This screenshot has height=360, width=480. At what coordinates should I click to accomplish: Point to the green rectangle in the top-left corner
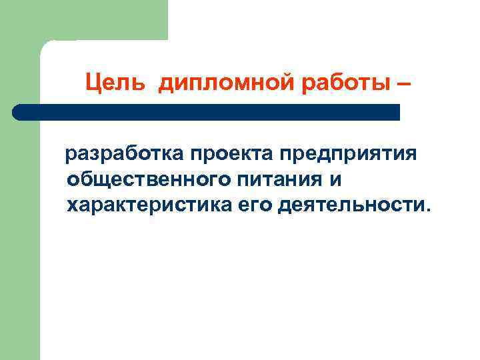pos(83,20)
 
